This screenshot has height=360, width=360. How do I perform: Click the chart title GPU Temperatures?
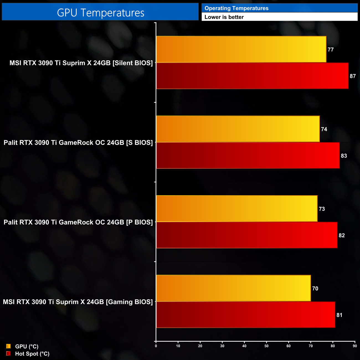(101, 13)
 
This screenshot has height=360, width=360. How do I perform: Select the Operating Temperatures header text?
(236, 8)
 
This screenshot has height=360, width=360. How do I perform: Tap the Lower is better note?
(224, 17)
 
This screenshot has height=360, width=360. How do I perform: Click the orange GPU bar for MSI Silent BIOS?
(241, 49)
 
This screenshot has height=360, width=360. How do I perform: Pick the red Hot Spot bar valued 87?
(252, 76)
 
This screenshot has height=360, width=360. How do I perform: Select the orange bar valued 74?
(238, 129)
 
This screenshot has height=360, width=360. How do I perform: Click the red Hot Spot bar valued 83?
(248, 155)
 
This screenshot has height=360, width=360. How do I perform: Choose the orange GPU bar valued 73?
(236, 209)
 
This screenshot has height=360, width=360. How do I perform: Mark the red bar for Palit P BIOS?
(246, 235)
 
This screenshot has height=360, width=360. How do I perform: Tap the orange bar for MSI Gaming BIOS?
(233, 288)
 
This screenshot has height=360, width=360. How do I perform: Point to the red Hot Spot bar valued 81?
(245, 315)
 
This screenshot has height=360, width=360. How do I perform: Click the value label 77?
(331, 50)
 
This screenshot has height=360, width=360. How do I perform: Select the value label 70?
(315, 289)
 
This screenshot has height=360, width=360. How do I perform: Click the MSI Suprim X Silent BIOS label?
(81, 63)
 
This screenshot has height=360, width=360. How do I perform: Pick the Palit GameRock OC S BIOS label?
(78, 143)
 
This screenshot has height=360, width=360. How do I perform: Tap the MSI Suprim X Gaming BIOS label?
(78, 302)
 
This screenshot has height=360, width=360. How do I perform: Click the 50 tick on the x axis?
(266, 346)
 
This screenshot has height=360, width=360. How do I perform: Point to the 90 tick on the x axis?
(355, 346)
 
